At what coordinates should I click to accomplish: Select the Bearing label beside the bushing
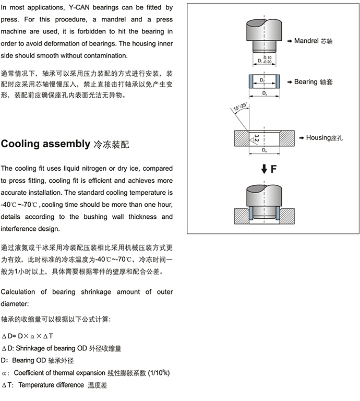coord(306,82)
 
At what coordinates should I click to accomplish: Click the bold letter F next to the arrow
coord(273,169)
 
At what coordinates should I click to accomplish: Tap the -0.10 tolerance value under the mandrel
coord(267,57)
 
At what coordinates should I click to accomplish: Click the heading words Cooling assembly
coord(45,144)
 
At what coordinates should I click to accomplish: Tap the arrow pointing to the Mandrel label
coord(290,41)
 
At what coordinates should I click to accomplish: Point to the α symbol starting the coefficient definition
coord(5,373)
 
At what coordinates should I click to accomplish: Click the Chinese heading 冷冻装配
coord(110,144)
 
